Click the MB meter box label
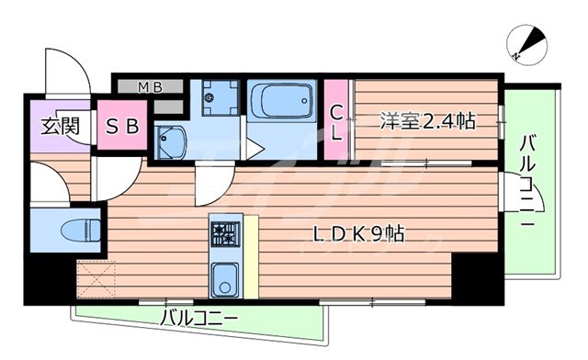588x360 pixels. tap(150, 88)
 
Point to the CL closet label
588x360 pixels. tap(337, 121)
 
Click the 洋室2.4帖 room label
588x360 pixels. tap(427, 120)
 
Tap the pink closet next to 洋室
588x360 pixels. tap(337, 121)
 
